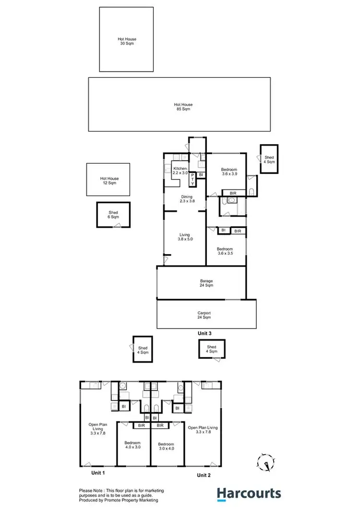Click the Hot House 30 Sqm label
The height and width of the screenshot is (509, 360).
[126, 41]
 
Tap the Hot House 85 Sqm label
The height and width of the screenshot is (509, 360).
[183, 107]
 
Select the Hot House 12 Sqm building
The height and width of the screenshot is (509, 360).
[108, 180]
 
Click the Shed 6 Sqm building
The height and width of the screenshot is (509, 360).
[113, 214]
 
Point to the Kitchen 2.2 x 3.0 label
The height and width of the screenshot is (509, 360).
[180, 170]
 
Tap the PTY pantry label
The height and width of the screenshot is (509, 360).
[192, 180]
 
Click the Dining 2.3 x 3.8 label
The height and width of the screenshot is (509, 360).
[187, 199]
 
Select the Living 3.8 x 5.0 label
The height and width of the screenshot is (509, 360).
[185, 237]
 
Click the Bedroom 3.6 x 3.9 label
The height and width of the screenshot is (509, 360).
[229, 172]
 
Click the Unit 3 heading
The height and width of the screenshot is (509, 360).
[205, 333]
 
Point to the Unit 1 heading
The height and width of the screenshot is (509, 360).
[99, 473]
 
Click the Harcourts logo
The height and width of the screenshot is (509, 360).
[248, 493]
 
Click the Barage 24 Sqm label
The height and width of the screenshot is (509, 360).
[206, 283]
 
